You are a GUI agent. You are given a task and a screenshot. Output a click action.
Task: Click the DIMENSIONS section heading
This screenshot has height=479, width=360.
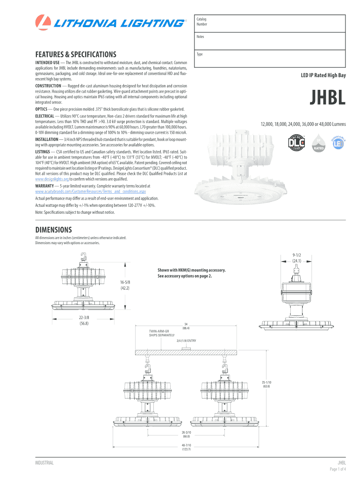[x=54, y=230]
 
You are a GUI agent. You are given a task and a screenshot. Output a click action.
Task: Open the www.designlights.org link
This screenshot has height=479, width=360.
[x=52, y=179]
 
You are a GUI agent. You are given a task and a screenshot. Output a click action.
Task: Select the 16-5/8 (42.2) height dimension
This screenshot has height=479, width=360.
[x=124, y=285]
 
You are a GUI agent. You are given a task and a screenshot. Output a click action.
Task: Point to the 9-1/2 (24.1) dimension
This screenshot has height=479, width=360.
[x=297, y=258]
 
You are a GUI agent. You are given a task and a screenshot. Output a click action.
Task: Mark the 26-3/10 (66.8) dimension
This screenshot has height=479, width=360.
[x=187, y=434]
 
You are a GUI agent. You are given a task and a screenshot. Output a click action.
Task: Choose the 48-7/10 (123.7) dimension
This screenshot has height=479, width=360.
[x=187, y=447]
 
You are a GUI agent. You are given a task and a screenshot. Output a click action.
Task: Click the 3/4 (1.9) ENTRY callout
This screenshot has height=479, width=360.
[x=186, y=340]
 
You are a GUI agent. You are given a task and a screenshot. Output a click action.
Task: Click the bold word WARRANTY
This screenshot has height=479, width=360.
[x=47, y=186]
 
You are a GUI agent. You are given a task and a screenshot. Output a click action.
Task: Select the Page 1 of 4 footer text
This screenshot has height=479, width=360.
[x=338, y=469]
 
